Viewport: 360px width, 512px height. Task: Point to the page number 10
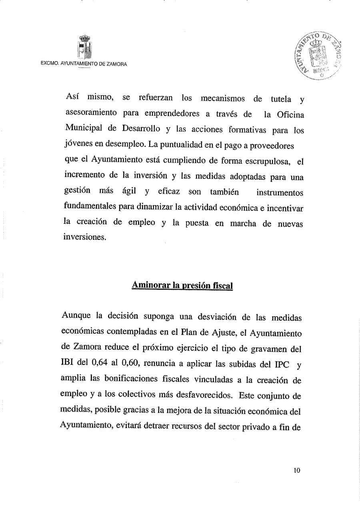point(297,470)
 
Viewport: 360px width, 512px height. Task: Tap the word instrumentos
point(280,192)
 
